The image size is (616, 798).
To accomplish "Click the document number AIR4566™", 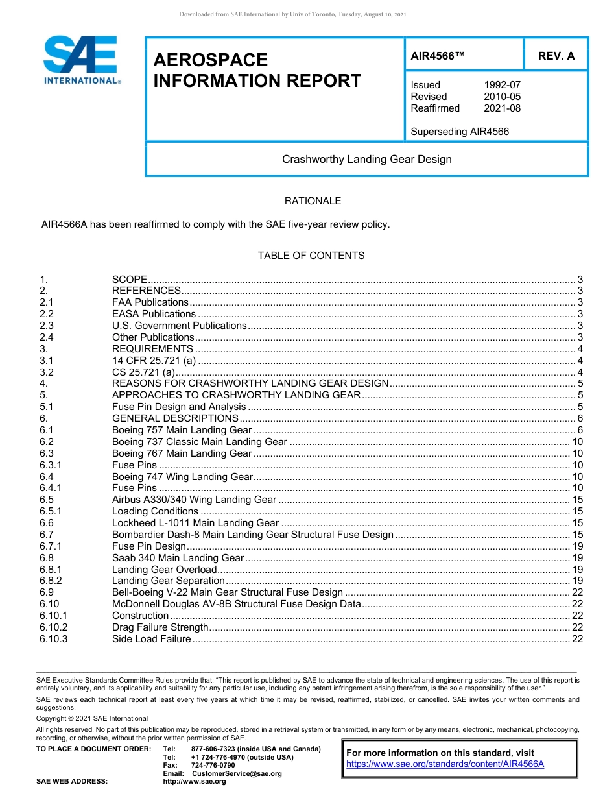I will [438, 56].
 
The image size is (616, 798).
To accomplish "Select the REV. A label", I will [556, 56].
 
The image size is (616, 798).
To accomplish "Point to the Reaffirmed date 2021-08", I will [502, 108].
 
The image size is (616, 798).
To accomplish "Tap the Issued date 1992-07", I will [502, 85].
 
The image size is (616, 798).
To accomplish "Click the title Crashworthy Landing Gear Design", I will [366, 159].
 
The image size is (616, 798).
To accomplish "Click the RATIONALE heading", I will [313, 201].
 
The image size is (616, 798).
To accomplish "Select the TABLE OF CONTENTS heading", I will [311, 256].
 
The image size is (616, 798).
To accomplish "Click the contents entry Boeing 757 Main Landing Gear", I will [182, 430].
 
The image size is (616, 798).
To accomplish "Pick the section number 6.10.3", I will [53, 639].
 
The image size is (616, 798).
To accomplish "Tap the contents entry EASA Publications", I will [154, 314].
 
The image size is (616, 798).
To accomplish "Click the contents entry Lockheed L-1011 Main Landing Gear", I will [195, 523].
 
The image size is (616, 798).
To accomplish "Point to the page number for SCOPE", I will [580, 279].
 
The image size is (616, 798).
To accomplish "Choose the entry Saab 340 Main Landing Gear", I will [178, 558].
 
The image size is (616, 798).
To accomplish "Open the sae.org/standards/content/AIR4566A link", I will [445, 764].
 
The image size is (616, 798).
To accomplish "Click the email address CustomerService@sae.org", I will [237, 773].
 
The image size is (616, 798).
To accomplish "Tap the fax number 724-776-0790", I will [213, 766].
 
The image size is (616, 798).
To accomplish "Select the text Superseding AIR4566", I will [460, 132].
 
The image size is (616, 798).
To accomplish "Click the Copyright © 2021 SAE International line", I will [92, 718].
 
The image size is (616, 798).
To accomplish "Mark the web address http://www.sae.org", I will [195, 781].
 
